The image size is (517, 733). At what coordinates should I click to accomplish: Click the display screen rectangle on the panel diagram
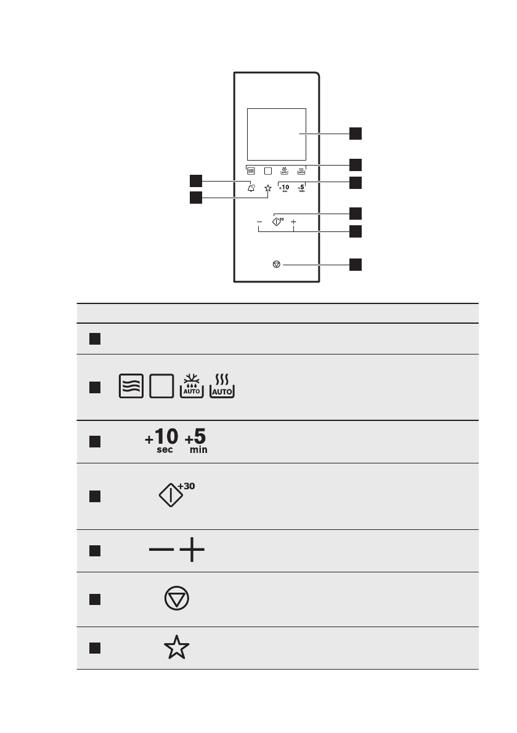click(276, 134)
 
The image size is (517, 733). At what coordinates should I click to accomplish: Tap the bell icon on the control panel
click(251, 188)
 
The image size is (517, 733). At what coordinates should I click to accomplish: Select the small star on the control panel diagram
click(267, 189)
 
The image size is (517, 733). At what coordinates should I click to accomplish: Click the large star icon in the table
click(177, 649)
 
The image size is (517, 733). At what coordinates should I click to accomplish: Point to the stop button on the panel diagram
click(276, 265)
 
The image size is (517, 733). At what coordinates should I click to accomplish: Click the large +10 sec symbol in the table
click(162, 441)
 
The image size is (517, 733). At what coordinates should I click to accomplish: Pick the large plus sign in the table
click(193, 551)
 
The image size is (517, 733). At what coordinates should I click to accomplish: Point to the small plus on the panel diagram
click(293, 222)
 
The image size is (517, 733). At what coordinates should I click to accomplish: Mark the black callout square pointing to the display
click(356, 134)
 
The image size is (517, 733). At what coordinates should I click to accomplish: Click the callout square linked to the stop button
click(356, 265)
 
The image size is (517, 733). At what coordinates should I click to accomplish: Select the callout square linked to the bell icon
click(196, 180)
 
